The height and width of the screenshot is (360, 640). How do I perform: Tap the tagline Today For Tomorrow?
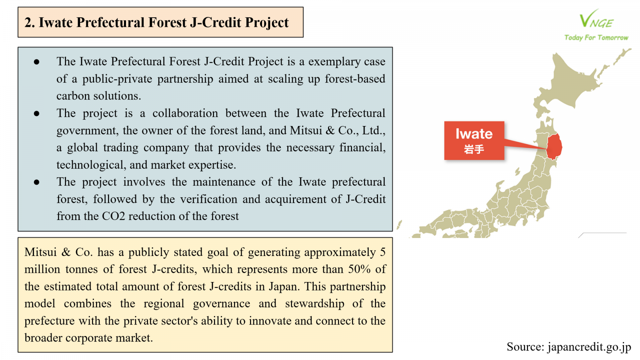(x=596, y=38)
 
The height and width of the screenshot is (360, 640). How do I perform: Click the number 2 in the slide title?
(x=28, y=22)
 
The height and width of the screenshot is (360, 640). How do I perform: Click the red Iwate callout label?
(x=474, y=140)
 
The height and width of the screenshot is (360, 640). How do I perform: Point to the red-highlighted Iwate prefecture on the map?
(x=554, y=147)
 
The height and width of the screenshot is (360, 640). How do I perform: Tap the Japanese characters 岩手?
(x=474, y=149)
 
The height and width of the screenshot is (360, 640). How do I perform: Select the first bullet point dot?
(x=36, y=62)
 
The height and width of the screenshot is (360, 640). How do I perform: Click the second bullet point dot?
(x=36, y=114)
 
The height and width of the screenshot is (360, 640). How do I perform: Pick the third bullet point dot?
(x=36, y=182)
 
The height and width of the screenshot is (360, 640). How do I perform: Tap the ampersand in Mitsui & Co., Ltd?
(x=330, y=130)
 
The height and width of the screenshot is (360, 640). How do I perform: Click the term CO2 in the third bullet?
(x=114, y=216)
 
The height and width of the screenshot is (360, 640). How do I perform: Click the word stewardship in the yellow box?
(x=314, y=304)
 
